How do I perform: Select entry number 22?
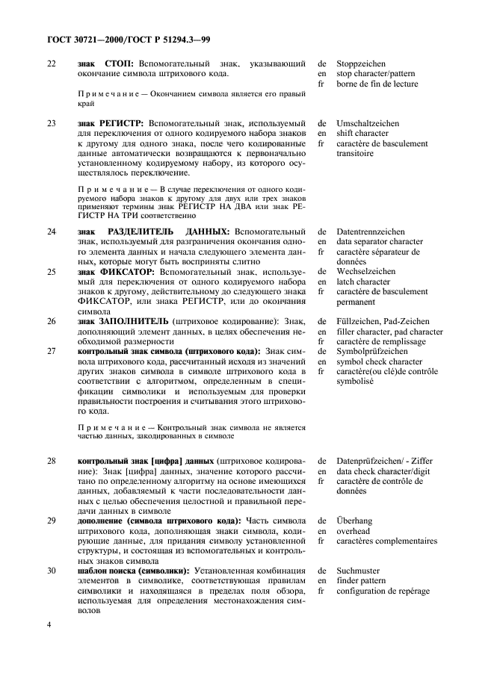51,64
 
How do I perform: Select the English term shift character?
362,133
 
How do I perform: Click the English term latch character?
363,282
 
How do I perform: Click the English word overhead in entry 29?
354,531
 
